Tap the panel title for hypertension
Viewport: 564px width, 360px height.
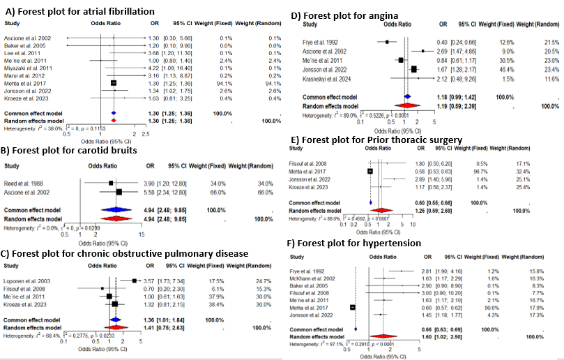(358, 243)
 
